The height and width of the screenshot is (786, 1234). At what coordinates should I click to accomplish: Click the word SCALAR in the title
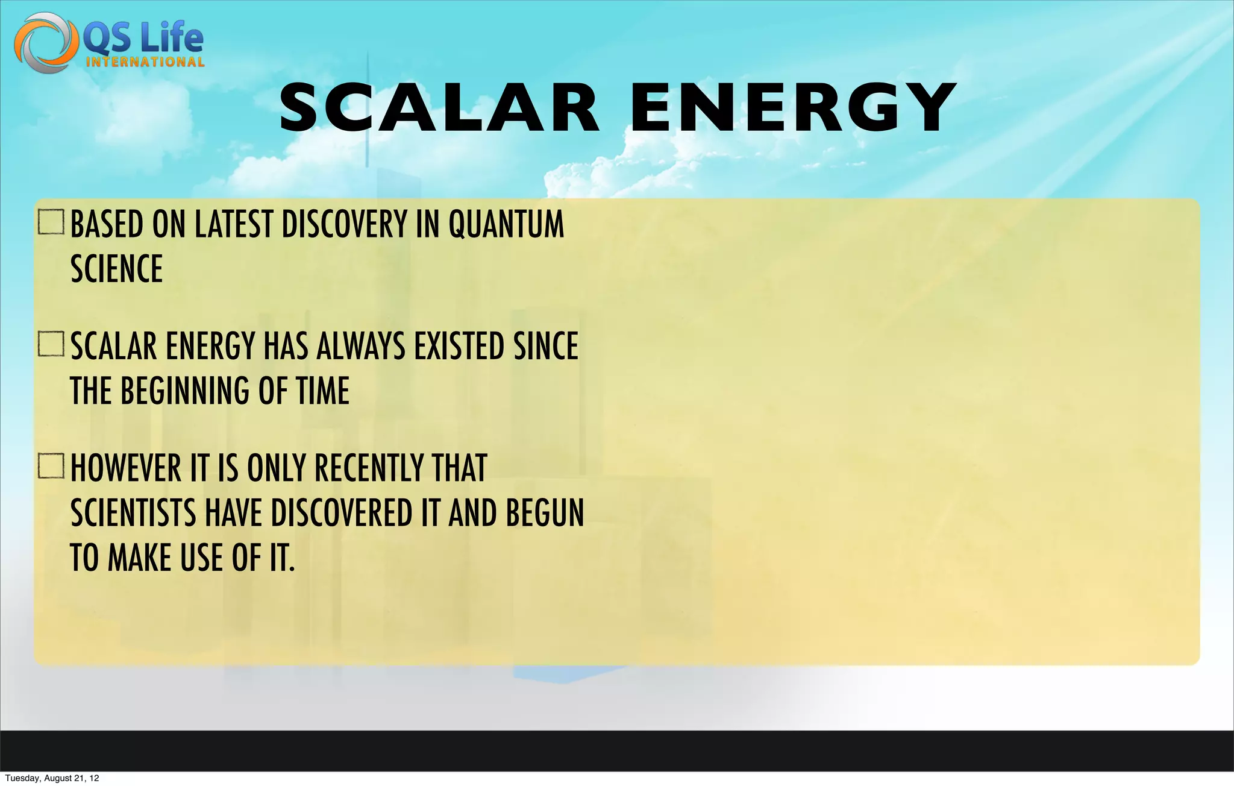[x=439, y=108]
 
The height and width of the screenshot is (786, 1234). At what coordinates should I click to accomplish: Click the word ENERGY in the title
[x=792, y=108]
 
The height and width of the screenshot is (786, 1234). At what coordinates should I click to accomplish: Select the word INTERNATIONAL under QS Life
[x=145, y=62]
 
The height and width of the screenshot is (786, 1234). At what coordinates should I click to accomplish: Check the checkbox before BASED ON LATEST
[x=51, y=222]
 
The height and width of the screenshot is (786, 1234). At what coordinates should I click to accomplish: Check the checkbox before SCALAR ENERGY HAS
[x=51, y=344]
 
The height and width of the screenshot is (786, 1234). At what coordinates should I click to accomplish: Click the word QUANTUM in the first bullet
[x=506, y=224]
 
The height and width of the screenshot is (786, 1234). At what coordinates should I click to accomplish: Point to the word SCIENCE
[x=117, y=269]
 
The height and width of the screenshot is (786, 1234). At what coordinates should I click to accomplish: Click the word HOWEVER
[x=126, y=468]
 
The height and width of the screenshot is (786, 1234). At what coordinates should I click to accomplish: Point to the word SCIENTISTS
[x=133, y=514]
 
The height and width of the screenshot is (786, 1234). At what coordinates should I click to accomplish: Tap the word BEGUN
[x=545, y=514]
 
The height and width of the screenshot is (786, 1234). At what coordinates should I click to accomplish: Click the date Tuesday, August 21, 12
[x=52, y=778]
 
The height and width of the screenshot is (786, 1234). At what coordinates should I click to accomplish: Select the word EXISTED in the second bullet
[x=459, y=347]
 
